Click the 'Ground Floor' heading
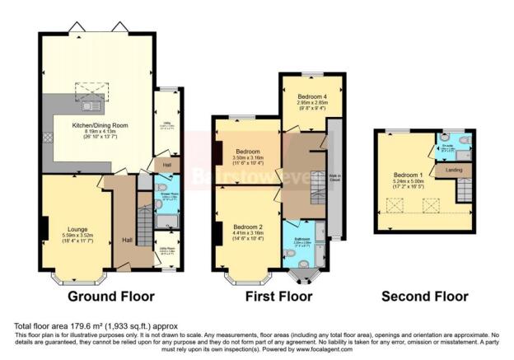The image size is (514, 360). pyautogui.click(x=108, y=296)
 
